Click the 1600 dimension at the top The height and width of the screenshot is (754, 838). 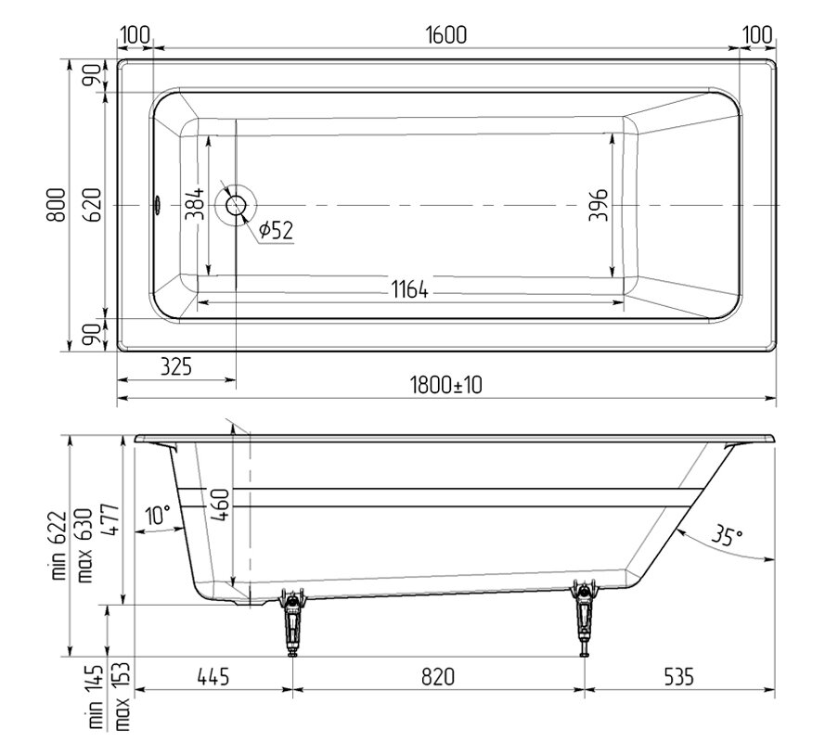point(445,34)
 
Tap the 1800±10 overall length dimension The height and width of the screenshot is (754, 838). point(445,385)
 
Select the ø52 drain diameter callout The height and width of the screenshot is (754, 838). point(276,230)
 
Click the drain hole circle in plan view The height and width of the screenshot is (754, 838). point(236,205)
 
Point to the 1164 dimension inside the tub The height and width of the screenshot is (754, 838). point(409,289)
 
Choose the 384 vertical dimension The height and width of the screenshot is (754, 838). point(195,203)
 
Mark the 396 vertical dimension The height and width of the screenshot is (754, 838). point(598,204)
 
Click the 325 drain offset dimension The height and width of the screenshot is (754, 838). point(175,367)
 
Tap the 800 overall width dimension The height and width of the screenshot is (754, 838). point(57,205)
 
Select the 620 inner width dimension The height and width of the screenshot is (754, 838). point(93,205)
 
